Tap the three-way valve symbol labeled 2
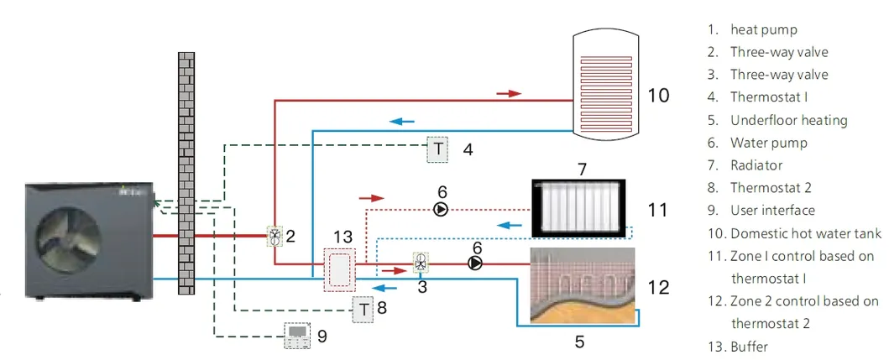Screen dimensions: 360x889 pyautogui.click(x=275, y=237)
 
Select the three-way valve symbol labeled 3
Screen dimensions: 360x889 pyautogui.click(x=421, y=263)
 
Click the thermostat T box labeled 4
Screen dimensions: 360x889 pyautogui.click(x=438, y=149)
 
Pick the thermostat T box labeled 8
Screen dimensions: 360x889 pyautogui.click(x=363, y=308)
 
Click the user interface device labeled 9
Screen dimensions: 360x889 pyautogui.click(x=297, y=335)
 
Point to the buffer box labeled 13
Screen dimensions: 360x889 pyautogui.click(x=339, y=269)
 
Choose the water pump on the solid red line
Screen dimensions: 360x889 pyautogui.click(x=475, y=263)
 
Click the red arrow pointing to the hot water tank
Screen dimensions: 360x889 pyautogui.click(x=509, y=93)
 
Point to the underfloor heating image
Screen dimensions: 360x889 pyautogui.click(x=582, y=286)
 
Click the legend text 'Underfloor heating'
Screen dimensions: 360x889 pyautogui.click(x=788, y=120)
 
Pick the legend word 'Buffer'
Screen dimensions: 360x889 pyautogui.click(x=749, y=346)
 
